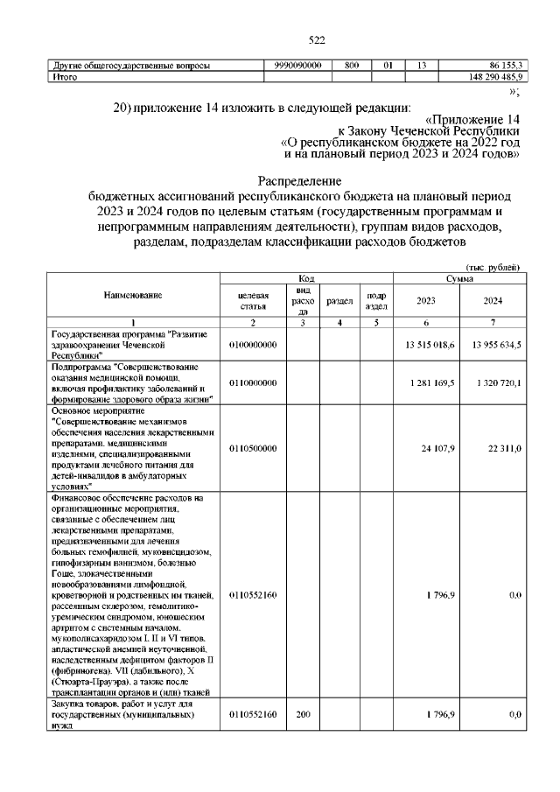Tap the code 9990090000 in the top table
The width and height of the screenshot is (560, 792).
(297, 66)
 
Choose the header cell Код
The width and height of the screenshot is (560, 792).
(306, 277)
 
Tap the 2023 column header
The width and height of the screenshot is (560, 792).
(426, 301)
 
